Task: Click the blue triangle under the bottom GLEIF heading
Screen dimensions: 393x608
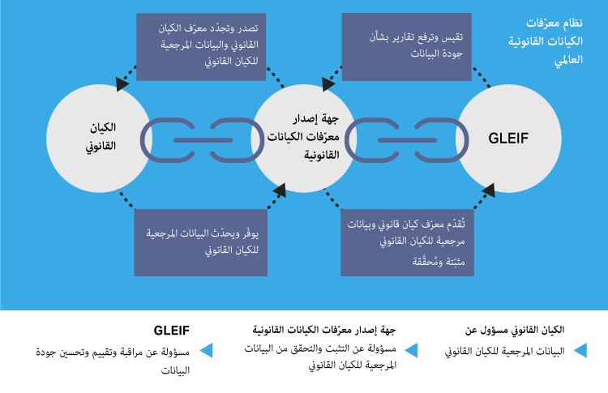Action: point(206,351)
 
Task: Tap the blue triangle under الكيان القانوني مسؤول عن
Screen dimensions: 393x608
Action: point(580,351)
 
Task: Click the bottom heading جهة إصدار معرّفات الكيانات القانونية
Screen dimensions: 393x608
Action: point(328,331)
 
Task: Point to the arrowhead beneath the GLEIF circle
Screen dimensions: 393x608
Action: point(489,192)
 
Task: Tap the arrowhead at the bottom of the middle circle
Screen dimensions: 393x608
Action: point(280,192)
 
